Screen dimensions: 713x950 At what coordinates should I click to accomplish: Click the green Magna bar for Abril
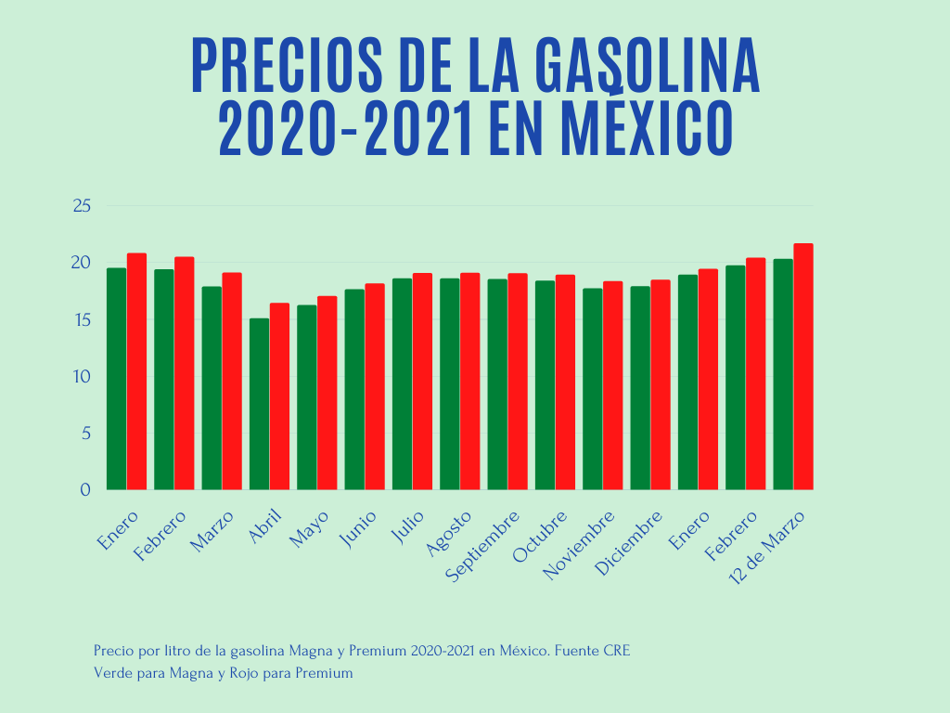(x=259, y=404)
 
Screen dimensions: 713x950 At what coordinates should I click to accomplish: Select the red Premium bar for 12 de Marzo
(x=803, y=367)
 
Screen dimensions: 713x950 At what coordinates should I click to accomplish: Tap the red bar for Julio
(x=422, y=382)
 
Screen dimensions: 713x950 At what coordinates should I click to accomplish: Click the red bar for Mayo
(x=327, y=393)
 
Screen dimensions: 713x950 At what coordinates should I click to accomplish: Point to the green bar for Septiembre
(x=497, y=384)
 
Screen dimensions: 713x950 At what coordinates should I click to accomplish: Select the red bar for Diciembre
(x=661, y=384)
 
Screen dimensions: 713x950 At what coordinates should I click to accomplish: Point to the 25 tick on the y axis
(x=81, y=205)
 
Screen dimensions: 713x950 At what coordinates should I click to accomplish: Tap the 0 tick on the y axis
(x=84, y=489)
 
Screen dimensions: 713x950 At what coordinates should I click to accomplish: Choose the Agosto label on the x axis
(x=453, y=532)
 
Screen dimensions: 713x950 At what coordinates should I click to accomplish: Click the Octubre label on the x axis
(x=540, y=536)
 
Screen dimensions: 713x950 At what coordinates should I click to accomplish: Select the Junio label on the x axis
(x=359, y=528)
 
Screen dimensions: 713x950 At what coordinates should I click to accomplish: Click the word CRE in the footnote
(x=617, y=651)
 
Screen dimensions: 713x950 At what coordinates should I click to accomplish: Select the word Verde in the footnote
(x=112, y=673)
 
